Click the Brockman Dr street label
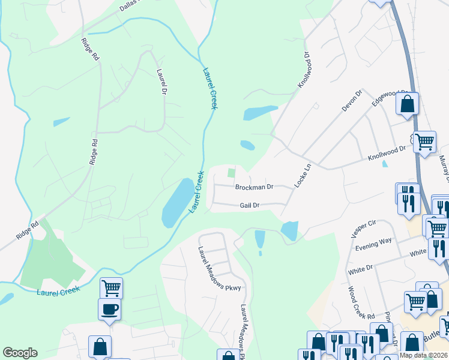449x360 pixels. coord(254,187)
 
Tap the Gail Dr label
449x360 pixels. coord(249,205)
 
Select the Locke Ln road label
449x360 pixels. coord(304,175)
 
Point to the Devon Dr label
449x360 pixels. coord(352,100)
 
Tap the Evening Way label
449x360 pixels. coord(373,240)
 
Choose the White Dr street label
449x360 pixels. coord(360,271)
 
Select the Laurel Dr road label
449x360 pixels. coord(161,82)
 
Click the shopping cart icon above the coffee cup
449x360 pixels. coord(111,287)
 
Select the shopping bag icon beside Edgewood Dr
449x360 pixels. coord(408,103)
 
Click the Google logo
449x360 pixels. coord(20,353)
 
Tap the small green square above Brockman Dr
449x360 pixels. coord(231,173)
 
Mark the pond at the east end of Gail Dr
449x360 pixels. coord(290,230)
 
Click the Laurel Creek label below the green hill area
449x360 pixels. coord(57,293)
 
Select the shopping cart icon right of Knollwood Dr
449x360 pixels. coord(425,142)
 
